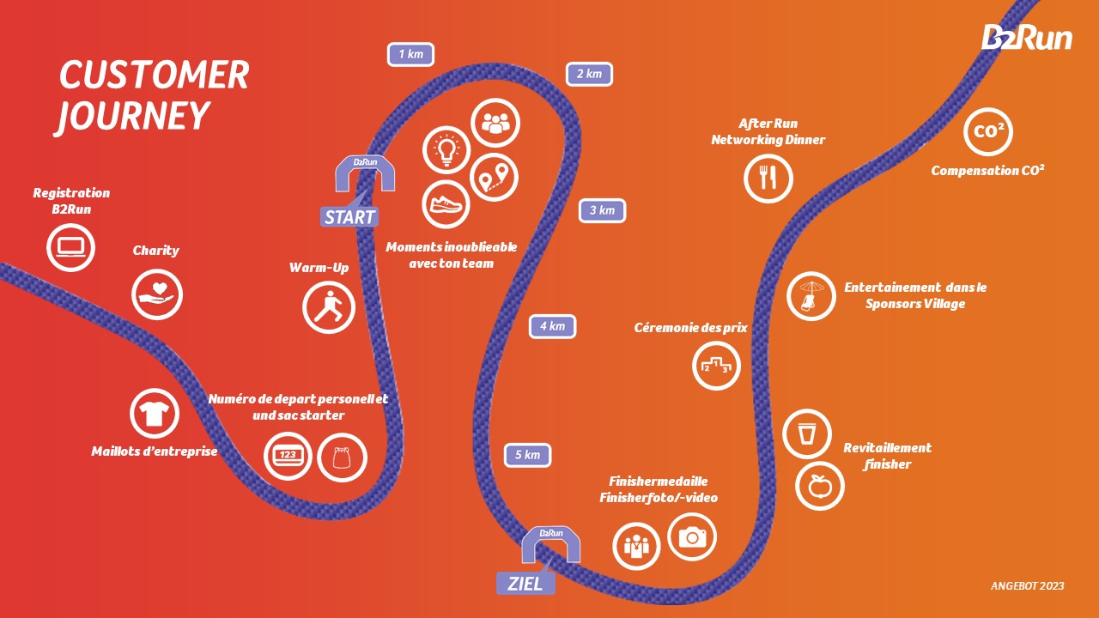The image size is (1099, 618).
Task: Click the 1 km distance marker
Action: pos(410,54)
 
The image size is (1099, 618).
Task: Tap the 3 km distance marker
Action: pos(602,211)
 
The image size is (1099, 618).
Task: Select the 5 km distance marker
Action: pos(527,455)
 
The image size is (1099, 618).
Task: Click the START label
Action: pos(349,217)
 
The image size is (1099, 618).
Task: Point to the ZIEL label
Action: pos(525,584)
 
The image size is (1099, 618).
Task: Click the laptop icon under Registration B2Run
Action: pos(70,248)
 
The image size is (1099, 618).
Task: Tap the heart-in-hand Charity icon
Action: pos(157,294)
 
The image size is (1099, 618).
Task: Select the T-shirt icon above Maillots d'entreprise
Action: pos(155,414)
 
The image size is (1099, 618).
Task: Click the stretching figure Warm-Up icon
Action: pos(329,307)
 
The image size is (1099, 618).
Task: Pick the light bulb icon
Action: pos(446,150)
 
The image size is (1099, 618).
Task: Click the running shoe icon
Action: pos(446,204)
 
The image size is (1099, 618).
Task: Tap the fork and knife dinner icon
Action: pos(768,178)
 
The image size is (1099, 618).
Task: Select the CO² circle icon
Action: pos(988,131)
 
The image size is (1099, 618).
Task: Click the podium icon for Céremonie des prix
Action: pos(716,366)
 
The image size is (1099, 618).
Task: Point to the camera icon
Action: pos(692,537)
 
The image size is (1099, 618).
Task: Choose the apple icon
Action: pos(820,486)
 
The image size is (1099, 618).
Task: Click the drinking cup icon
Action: pos(807,434)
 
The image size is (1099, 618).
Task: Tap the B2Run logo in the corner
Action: pos(1027,37)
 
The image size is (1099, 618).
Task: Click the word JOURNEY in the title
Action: pos(132,117)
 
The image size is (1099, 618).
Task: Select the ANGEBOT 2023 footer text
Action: pos(1028,585)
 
